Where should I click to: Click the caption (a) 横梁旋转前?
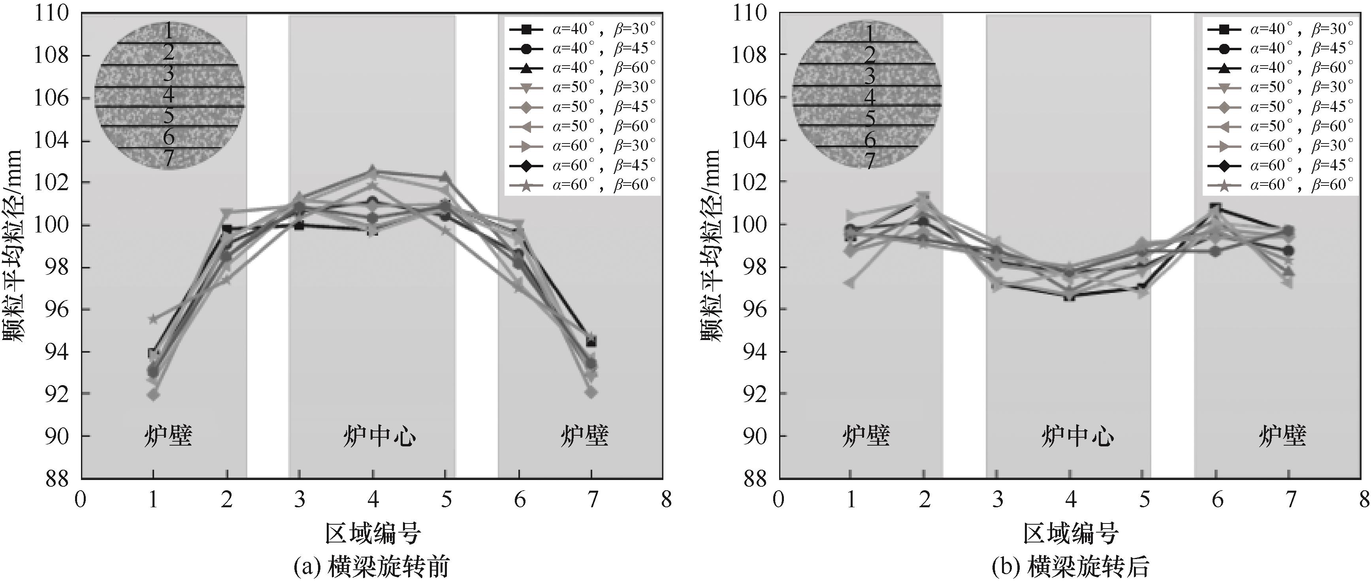[371, 567]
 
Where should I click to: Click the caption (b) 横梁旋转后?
[1070, 567]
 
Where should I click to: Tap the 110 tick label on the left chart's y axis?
[52, 13]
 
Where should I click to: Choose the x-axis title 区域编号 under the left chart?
[373, 533]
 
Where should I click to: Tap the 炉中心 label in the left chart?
[379, 436]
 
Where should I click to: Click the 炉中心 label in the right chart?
[1077, 436]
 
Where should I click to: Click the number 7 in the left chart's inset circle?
[169, 158]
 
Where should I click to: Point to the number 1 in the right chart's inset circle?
[869, 33]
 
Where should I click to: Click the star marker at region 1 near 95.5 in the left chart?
[153, 319]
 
